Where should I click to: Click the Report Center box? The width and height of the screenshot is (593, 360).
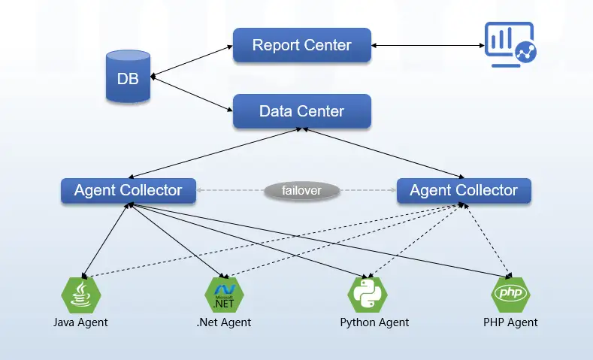click(301, 45)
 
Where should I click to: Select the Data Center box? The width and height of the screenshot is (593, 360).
click(301, 111)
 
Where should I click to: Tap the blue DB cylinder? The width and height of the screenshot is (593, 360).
click(128, 77)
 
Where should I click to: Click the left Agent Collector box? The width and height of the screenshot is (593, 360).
click(128, 190)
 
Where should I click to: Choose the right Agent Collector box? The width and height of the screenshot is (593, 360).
click(463, 190)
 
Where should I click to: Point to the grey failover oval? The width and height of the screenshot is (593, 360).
click(301, 191)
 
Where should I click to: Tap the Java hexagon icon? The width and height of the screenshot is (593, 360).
click(81, 295)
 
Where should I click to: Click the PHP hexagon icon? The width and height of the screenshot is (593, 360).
click(510, 292)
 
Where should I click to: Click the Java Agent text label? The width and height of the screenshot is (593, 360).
click(80, 322)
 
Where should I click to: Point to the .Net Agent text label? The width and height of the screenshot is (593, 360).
click(224, 322)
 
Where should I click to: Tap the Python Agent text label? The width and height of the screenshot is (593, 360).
click(374, 322)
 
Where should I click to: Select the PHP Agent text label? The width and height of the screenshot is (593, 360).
click(510, 322)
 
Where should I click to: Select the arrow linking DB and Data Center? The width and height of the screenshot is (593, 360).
click(192, 94)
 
